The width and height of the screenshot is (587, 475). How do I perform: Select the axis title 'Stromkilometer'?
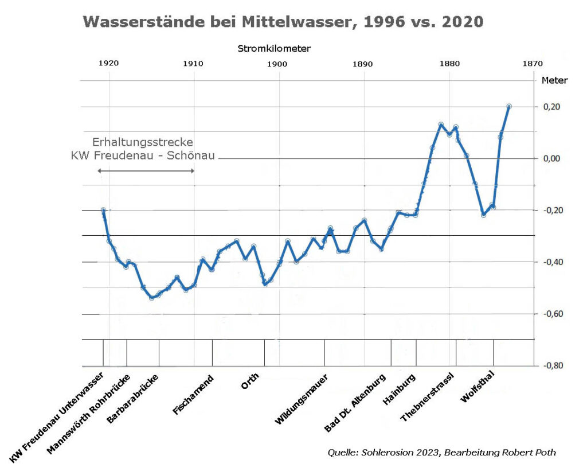274,49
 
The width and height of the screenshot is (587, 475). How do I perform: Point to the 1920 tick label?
108,64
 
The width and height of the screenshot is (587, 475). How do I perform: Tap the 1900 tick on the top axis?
277,64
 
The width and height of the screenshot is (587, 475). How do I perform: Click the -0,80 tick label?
551,365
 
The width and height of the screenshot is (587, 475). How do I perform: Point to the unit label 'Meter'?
554,81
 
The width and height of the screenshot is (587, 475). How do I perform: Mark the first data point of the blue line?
103,211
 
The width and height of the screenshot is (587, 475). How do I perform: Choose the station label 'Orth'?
250,381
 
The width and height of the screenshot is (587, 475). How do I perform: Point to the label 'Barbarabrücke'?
133,399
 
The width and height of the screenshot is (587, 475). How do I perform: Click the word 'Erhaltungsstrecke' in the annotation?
143,142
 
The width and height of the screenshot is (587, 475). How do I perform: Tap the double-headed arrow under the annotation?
146,171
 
